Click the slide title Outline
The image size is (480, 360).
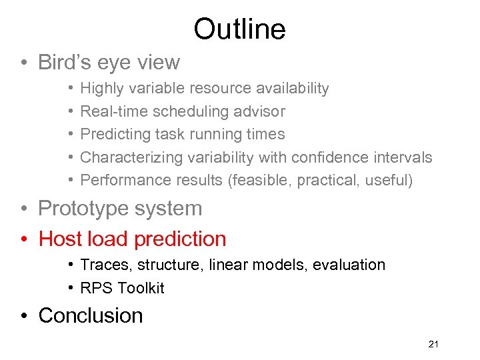pos(239,29)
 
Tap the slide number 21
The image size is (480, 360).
pos(433,344)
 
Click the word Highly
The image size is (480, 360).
pos(99,89)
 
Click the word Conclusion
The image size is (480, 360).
pos(91,315)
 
